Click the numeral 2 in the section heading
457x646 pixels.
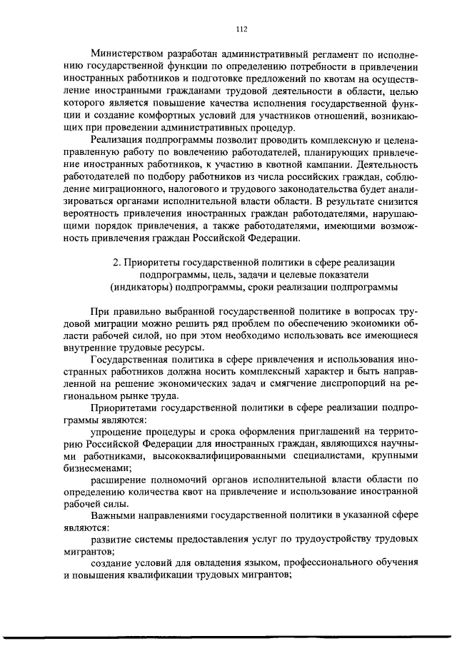point(116,263)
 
